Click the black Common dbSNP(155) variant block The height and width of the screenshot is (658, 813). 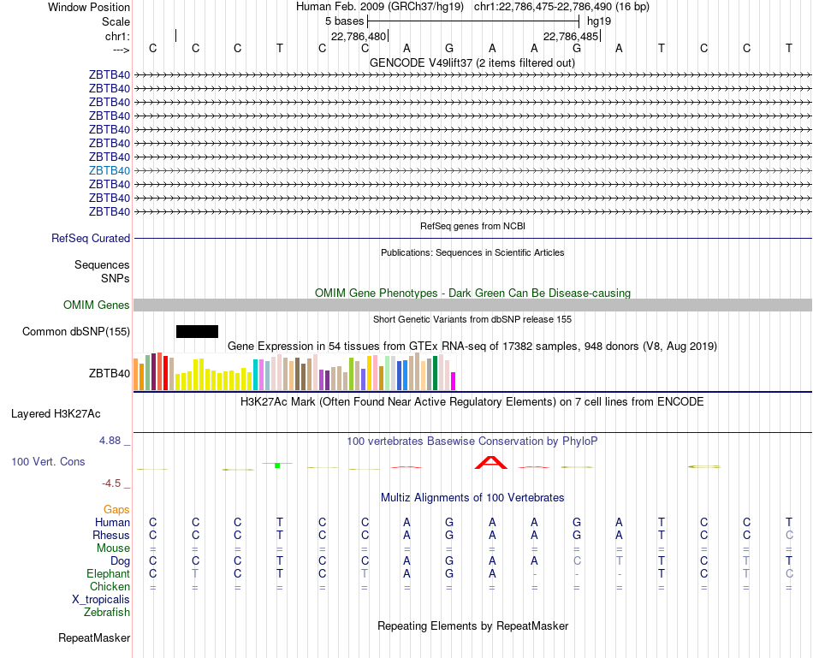tap(197, 331)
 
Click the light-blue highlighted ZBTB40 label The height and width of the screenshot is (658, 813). tap(110, 170)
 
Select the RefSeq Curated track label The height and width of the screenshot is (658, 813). tap(91, 239)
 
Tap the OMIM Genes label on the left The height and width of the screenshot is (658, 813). tap(97, 305)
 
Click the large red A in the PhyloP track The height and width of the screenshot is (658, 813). tap(491, 463)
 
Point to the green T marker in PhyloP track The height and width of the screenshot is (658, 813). tap(277, 465)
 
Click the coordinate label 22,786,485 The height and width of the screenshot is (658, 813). tap(571, 36)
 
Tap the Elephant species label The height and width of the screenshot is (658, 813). tap(109, 573)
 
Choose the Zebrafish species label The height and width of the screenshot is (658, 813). tap(107, 613)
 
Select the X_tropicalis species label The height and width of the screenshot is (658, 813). tap(101, 600)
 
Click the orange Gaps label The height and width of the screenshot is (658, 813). tap(116, 509)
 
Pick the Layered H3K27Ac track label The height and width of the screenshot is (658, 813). tap(56, 414)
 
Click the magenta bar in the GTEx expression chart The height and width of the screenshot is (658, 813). tap(454, 381)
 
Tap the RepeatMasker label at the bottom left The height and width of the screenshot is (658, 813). tap(94, 637)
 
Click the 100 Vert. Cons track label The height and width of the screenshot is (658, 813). tap(48, 461)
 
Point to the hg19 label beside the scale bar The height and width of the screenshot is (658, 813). tap(599, 21)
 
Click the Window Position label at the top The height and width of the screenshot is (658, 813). tap(89, 7)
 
